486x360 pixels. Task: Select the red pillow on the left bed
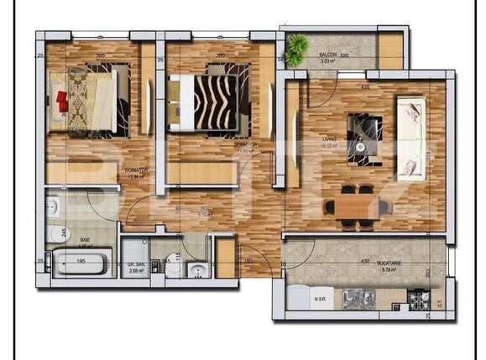tap(63, 100)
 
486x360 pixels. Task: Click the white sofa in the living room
tap(410, 137)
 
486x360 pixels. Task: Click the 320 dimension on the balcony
tap(343, 55)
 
